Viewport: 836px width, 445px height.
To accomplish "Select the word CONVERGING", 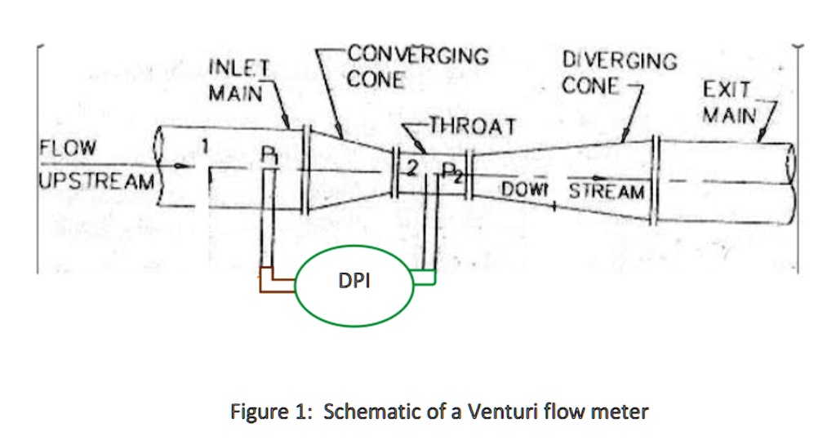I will pyautogui.click(x=418, y=56).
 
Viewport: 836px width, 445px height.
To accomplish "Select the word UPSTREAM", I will pyautogui.click(x=96, y=180).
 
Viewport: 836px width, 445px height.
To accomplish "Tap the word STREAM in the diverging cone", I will pyautogui.click(x=607, y=192).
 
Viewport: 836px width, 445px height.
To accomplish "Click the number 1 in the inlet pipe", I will pyautogui.click(x=207, y=146).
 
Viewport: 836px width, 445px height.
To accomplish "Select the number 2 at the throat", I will pyautogui.click(x=413, y=168).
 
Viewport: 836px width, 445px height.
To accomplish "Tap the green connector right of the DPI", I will pyautogui.click(x=426, y=278).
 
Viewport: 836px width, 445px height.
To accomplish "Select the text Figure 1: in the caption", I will pyautogui.click(x=272, y=411).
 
